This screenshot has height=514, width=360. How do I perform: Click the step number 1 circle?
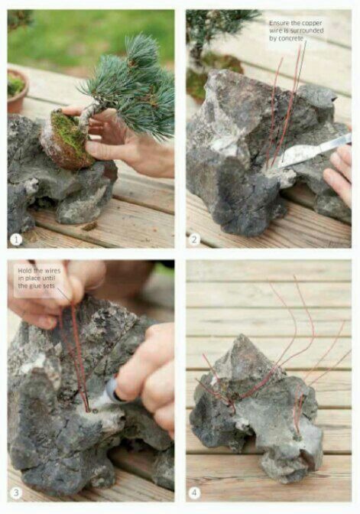(16, 239)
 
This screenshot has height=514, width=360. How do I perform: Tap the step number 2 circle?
(194, 239)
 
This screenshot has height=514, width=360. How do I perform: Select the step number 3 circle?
(16, 492)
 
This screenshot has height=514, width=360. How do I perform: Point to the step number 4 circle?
(194, 492)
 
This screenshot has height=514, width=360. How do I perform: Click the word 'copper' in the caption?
(311, 23)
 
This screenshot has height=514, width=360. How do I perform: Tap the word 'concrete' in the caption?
(290, 38)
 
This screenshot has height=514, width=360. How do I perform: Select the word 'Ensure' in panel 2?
(277, 23)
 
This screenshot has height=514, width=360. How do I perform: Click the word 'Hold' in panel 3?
(24, 271)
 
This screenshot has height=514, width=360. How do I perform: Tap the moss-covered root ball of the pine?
(66, 140)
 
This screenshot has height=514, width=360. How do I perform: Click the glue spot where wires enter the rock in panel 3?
(89, 409)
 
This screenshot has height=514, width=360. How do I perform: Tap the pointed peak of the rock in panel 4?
(242, 337)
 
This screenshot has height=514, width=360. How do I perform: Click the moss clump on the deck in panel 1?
(89, 226)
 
